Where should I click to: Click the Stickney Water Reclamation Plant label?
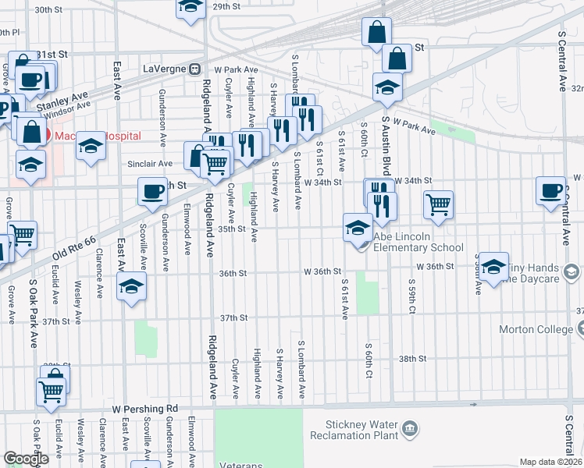[355, 430]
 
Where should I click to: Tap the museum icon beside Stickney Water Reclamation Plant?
[409, 428]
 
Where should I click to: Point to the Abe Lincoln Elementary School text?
[419, 243]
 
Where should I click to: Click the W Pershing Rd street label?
[145, 408]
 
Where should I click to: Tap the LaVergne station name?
[163, 69]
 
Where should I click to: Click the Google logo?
[26, 459]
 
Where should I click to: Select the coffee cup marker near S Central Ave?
[551, 190]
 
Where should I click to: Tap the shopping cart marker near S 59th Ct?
[439, 204]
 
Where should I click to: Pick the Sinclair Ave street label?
[150, 164]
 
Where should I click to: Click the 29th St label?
[226, 6]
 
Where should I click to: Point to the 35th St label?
[232, 229]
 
